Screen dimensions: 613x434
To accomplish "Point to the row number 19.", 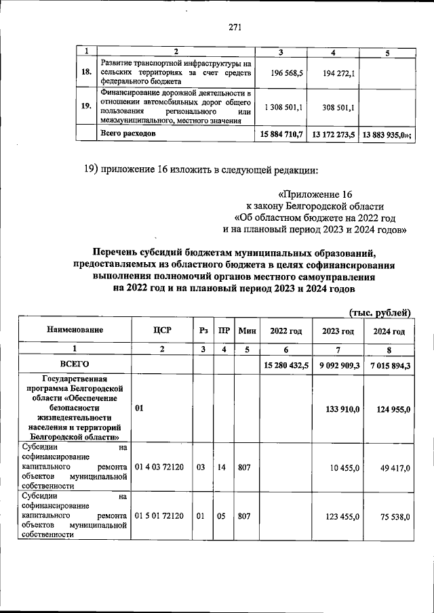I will tap(86, 106).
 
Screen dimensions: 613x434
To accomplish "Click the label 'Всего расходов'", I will tap(128, 134).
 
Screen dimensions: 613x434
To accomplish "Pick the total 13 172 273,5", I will tap(334, 135).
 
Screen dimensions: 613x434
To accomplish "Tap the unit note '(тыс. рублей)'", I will tap(380, 312).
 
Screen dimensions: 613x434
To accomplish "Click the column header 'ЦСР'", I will tap(162, 331).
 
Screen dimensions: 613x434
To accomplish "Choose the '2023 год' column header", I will tap(338, 331).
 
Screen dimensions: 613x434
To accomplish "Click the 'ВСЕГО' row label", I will tap(75, 364).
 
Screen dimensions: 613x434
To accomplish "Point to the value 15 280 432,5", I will tap(285, 365).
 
